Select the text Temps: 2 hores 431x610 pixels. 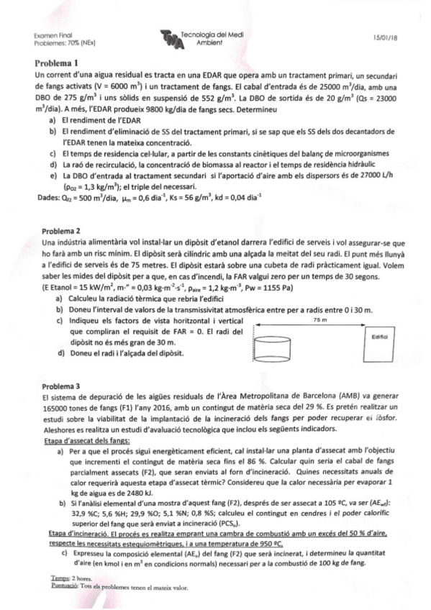click(60, 579)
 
